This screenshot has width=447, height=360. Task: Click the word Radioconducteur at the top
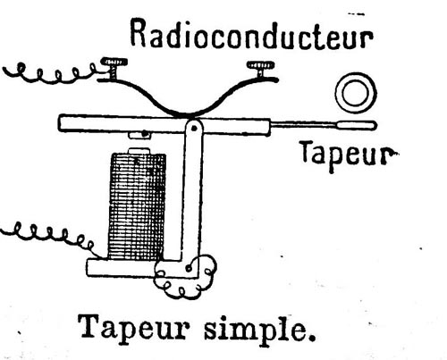point(252,35)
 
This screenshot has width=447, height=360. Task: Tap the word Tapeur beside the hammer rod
point(349,155)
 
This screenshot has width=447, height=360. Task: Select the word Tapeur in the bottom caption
point(133,329)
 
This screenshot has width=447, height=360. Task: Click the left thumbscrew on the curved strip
point(114,68)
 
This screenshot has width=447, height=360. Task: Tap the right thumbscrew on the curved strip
point(261,69)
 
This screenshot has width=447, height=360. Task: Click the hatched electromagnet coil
point(138,206)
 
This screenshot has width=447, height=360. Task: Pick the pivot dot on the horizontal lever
point(194,129)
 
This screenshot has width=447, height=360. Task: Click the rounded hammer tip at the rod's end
point(357,125)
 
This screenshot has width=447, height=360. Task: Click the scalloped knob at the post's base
point(185,277)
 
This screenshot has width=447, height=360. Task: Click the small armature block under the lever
point(140,135)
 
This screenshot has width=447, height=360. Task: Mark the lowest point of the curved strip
point(186,115)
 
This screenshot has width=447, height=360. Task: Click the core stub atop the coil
point(139,151)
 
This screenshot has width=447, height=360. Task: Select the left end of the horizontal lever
point(59,123)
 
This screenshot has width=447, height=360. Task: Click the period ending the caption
point(312,338)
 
